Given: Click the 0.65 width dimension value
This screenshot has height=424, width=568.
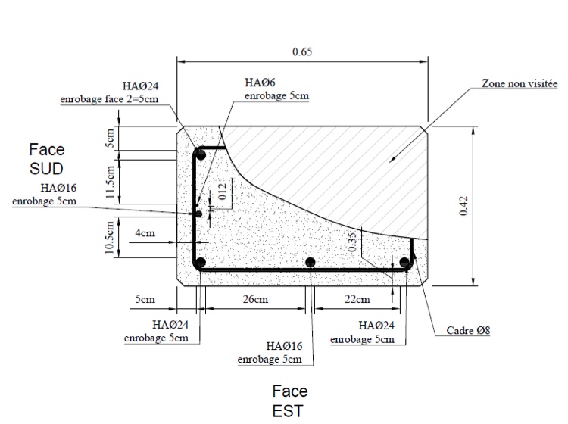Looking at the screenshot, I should click(301, 52).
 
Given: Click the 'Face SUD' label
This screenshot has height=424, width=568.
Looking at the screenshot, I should click(45, 158).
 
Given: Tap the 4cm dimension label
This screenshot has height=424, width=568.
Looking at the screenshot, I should click(145, 233).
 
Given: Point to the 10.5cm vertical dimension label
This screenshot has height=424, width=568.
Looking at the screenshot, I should click(110, 237).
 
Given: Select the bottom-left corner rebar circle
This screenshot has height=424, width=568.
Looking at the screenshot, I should click(200, 263).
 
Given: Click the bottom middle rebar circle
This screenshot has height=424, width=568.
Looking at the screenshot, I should click(310, 263).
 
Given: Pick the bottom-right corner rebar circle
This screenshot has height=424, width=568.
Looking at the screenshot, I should click(405, 263).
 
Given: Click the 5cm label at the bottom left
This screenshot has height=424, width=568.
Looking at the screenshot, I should click(145, 300).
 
